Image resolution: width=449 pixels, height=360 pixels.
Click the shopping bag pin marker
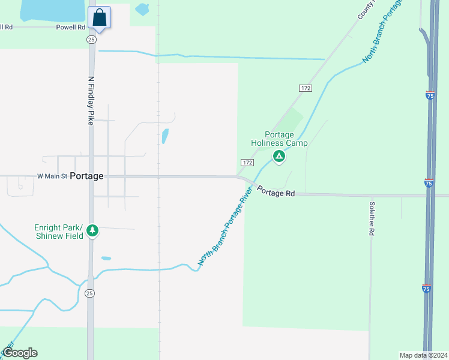pos(100,18)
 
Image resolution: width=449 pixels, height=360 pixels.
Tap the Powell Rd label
pos(71,27)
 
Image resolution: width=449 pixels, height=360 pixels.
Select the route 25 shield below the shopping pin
pos(91,39)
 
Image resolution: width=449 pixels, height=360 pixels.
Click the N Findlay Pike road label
pos(91,100)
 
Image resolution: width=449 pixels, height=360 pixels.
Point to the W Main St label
pos(51,176)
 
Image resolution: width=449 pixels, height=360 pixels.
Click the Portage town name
pos(86,176)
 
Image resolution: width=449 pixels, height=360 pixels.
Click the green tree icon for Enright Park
pos(92,230)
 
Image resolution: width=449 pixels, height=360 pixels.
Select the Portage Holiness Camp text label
pos(279,139)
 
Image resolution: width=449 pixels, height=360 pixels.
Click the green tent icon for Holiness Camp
pos(279,157)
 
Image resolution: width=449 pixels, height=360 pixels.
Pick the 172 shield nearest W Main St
pos(247,163)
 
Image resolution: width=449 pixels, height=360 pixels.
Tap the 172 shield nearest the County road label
pos(306,88)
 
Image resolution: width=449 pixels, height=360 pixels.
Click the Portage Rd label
pos(277,192)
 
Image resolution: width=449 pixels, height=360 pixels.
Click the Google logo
pos(20,353)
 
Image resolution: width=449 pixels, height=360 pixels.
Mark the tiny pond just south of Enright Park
pos(106,259)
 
